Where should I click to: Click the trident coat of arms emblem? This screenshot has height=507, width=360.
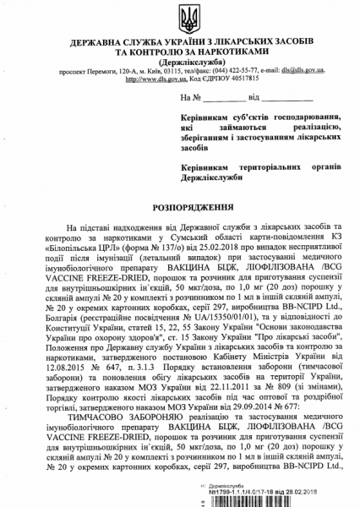coord(180,18)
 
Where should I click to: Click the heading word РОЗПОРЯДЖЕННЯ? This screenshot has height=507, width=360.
coord(179,206)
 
